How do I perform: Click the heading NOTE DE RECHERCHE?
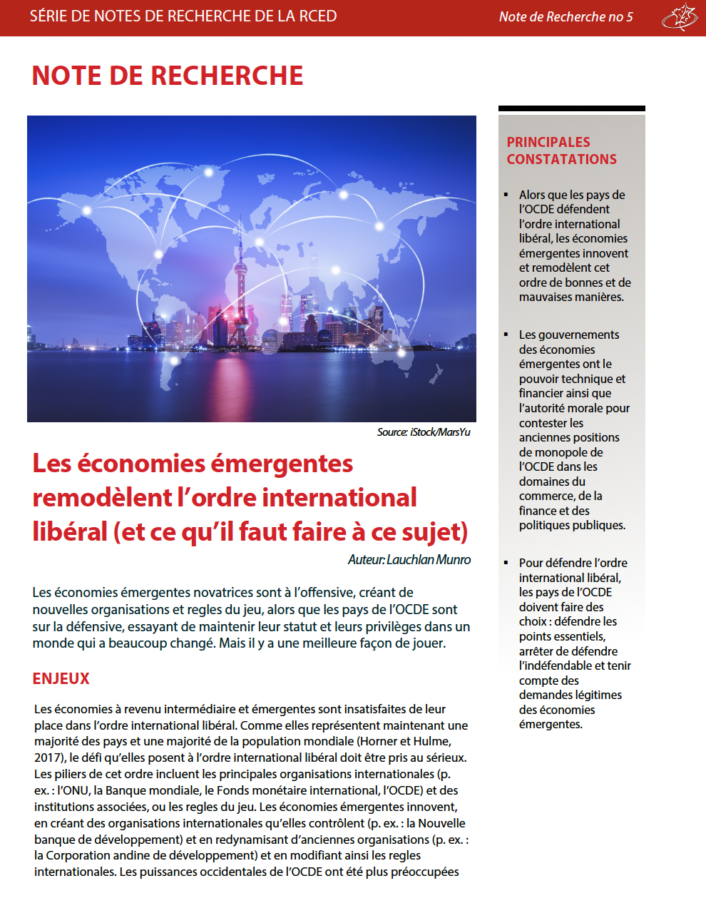pyautogui.click(x=168, y=76)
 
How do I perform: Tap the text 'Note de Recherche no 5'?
pyautogui.click(x=566, y=17)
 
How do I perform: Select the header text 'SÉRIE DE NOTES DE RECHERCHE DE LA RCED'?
pyautogui.click(x=183, y=16)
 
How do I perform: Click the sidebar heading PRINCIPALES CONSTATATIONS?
pyautogui.click(x=561, y=151)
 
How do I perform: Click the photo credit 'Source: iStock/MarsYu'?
pyautogui.click(x=424, y=432)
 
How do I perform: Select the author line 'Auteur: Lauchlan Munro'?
pyautogui.click(x=409, y=560)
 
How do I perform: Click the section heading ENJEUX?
pyautogui.click(x=61, y=679)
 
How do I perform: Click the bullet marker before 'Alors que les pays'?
pyautogui.click(x=506, y=195)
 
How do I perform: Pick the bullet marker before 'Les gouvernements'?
pyautogui.click(x=506, y=335)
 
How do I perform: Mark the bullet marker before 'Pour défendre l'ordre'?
pyautogui.click(x=506, y=563)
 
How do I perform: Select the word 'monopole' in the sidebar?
pyautogui.click(x=566, y=452)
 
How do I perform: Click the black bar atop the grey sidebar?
pyautogui.click(x=571, y=108)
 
